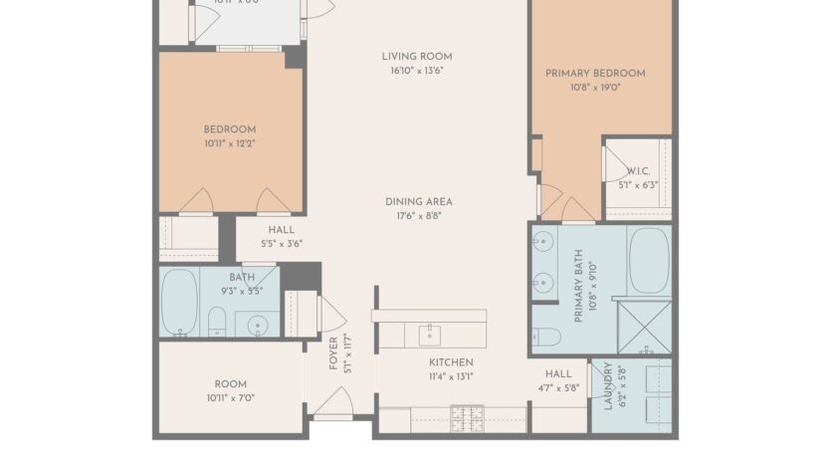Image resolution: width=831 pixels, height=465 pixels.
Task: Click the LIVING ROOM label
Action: click(x=417, y=56)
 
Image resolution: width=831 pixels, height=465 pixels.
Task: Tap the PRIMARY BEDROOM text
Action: click(x=595, y=73)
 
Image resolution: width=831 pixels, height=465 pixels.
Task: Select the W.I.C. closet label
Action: click(x=638, y=171)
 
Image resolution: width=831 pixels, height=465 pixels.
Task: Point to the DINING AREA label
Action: click(x=419, y=201)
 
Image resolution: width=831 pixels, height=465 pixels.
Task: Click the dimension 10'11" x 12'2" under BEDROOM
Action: click(x=230, y=143)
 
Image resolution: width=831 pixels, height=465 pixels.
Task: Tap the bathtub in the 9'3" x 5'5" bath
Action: click(x=180, y=302)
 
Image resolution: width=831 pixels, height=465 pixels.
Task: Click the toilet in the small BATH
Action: click(x=215, y=320)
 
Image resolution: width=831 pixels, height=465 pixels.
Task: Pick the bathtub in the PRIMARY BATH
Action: click(x=649, y=260)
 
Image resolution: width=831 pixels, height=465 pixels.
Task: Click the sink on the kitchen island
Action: click(x=429, y=331)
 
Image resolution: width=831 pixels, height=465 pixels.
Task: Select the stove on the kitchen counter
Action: click(x=468, y=418)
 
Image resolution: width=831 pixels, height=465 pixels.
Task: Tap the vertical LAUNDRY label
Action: click(x=606, y=386)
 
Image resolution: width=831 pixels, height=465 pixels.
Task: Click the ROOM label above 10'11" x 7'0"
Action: click(x=230, y=384)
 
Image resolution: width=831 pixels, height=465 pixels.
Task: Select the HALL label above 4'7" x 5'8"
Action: click(x=558, y=373)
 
